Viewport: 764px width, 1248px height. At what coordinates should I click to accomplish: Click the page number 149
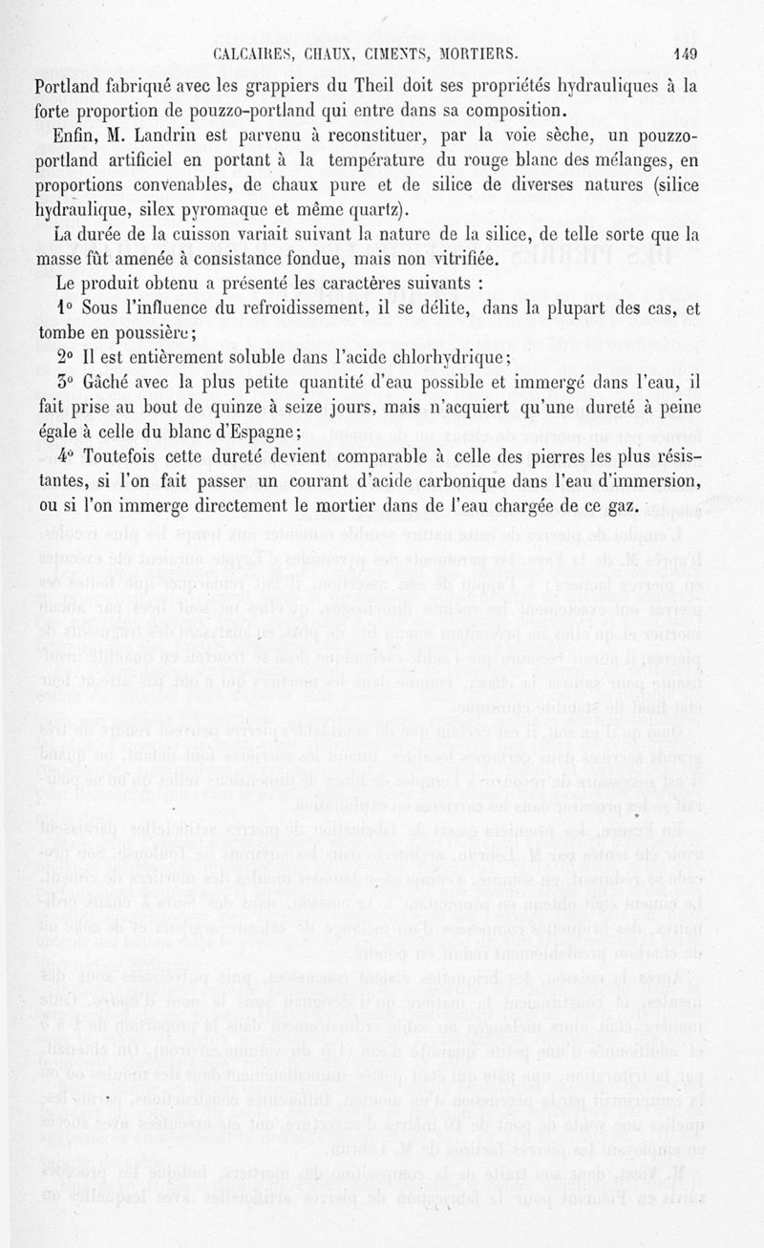pyautogui.click(x=686, y=53)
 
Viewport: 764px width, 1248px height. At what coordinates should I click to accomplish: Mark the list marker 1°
pyautogui.click(x=64, y=308)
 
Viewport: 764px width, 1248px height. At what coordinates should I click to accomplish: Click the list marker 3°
pyautogui.click(x=64, y=383)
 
